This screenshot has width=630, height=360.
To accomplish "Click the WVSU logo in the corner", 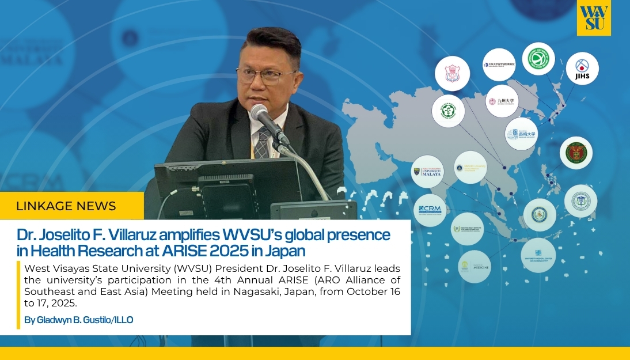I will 594,18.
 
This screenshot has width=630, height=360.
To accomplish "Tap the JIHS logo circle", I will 582,69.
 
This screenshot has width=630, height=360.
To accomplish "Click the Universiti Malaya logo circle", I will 427,171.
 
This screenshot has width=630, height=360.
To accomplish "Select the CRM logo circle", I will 430,210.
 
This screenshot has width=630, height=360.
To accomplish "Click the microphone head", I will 259,113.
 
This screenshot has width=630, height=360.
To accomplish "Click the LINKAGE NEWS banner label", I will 66,206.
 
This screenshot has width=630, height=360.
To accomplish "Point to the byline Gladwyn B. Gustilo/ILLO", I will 79,320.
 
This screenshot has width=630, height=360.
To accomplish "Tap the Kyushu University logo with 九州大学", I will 502,101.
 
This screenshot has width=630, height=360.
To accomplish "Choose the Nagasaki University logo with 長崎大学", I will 521,134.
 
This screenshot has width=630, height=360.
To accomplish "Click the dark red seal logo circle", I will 576,153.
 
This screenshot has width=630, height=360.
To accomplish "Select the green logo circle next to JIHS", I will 539,59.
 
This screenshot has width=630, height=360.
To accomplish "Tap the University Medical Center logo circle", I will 538,255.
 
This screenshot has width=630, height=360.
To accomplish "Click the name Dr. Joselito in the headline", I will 55,235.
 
